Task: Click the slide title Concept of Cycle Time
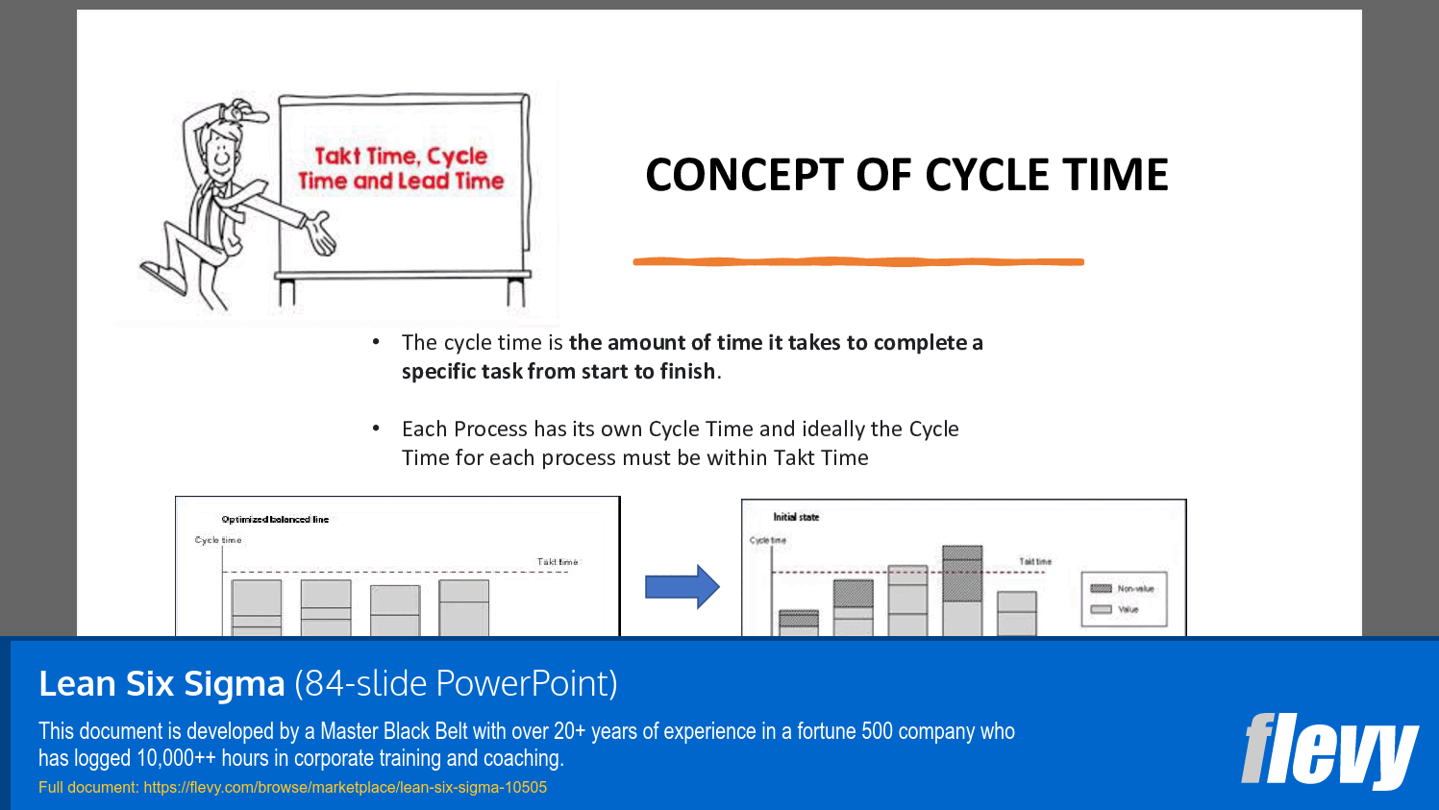click(906, 175)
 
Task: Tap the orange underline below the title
click(857, 261)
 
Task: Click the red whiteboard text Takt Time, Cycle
click(401, 156)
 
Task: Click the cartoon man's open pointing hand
click(320, 233)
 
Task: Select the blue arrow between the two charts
click(682, 586)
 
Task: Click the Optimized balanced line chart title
click(275, 519)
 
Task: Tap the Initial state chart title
click(796, 517)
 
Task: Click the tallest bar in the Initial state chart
click(962, 590)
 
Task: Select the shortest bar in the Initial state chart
click(798, 622)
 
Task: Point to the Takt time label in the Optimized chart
click(558, 561)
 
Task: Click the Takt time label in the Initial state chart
click(1035, 561)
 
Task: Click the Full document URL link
click(345, 787)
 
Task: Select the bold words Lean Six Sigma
click(161, 683)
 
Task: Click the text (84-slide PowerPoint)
click(456, 683)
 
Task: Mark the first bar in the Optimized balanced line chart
click(257, 607)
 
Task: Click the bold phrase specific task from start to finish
click(558, 371)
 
